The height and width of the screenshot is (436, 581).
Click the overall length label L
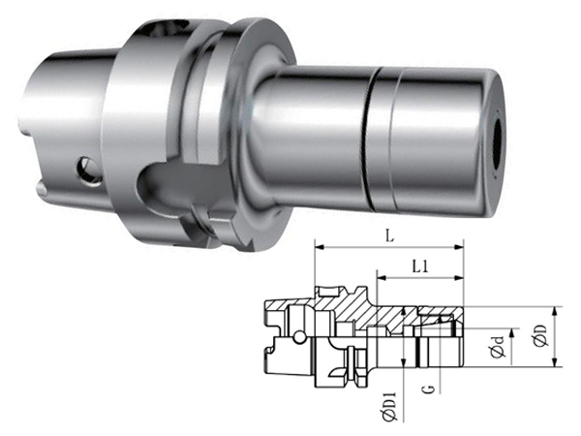[389, 236]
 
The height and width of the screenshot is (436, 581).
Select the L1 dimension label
[420, 266]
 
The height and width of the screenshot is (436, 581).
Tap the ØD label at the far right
[541, 336]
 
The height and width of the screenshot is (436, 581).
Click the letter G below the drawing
[429, 389]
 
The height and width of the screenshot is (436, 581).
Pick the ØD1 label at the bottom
[389, 407]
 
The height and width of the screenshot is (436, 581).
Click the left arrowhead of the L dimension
[320, 246]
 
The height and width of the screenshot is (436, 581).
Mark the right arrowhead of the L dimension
[459, 246]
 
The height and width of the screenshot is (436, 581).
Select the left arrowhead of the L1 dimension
[382, 277]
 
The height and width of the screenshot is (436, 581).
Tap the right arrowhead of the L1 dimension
[459, 277]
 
